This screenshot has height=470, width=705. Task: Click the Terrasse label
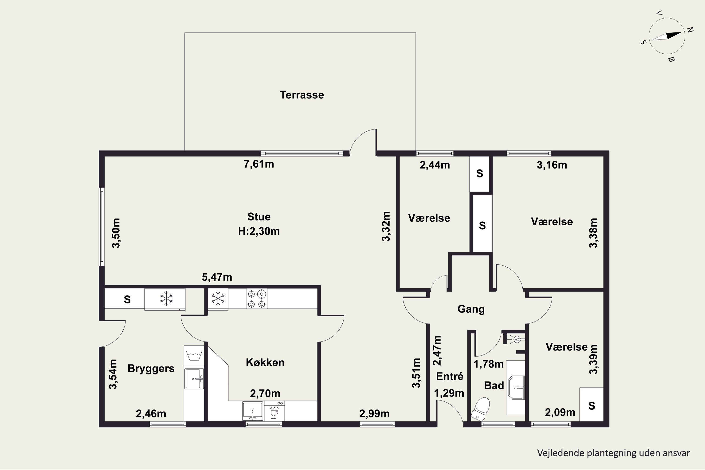click(302, 95)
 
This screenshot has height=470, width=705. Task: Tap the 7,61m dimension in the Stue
click(259, 164)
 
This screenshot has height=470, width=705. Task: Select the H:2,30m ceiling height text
click(259, 231)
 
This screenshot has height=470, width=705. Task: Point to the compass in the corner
click(667, 36)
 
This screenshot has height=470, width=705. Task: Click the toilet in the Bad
click(481, 409)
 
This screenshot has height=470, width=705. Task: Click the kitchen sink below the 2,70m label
click(253, 411)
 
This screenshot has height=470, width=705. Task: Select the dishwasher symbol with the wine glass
click(274, 411)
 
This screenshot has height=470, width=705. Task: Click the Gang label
click(471, 309)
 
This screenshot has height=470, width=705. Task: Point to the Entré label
click(450, 376)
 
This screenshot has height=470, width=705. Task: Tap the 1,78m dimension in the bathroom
click(488, 364)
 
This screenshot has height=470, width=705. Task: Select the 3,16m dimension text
click(552, 165)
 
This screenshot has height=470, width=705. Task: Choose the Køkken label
click(265, 362)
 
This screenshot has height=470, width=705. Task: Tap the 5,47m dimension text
click(217, 277)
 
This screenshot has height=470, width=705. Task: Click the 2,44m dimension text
click(435, 165)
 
